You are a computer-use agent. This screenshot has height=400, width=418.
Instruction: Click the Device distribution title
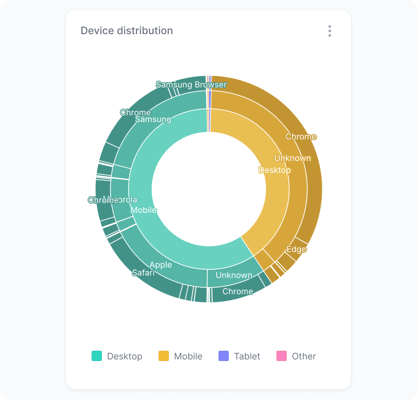(x=127, y=31)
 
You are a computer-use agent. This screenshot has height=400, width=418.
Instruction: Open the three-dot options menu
(x=329, y=31)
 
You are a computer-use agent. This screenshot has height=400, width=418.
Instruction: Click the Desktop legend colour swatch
(x=97, y=356)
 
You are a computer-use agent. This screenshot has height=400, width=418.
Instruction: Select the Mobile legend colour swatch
(x=164, y=356)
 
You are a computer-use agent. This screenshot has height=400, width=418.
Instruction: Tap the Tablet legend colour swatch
(x=223, y=356)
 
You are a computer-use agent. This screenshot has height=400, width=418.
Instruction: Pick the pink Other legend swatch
(x=281, y=356)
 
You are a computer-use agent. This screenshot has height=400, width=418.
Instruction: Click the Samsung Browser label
(x=191, y=85)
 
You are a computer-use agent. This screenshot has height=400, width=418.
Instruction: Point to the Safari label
(x=143, y=273)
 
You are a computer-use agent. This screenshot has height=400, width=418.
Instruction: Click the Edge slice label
(x=296, y=249)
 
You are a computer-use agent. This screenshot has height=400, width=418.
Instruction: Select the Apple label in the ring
(x=161, y=265)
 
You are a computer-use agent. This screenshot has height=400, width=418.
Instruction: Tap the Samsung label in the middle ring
(x=153, y=119)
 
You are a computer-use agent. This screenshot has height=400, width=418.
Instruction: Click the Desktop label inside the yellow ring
(x=275, y=170)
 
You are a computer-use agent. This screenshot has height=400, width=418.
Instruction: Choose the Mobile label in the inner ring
(x=144, y=210)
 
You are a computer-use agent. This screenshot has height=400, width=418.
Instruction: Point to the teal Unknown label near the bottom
(x=234, y=275)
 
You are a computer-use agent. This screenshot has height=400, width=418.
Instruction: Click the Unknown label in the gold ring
(x=292, y=158)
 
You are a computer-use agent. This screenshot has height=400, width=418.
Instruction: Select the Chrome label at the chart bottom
(x=238, y=291)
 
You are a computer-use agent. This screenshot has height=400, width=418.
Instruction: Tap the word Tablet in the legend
(x=247, y=356)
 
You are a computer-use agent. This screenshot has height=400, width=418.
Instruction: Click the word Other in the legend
(x=304, y=356)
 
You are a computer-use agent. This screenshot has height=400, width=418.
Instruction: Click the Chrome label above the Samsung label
(x=135, y=112)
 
